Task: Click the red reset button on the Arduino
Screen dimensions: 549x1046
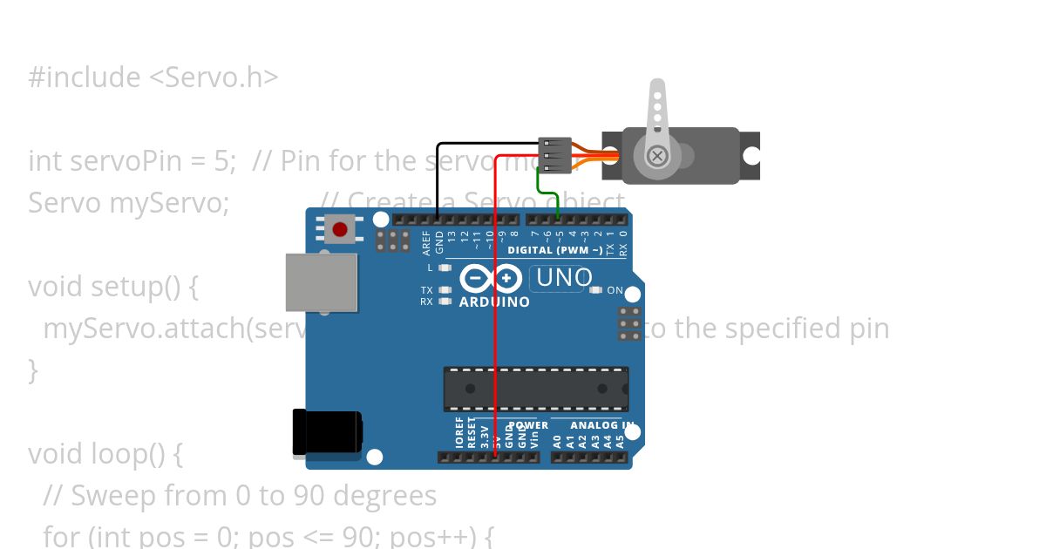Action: pos(340,230)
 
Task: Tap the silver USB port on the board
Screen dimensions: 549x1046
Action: pos(322,281)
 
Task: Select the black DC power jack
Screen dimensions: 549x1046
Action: pos(327,433)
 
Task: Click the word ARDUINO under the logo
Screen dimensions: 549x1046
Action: pos(493,302)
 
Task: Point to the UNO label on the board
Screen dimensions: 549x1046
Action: pos(564,278)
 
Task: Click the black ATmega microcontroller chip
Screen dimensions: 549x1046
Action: pos(535,389)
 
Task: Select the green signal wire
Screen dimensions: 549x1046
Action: pos(540,185)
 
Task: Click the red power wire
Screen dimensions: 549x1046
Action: pos(495,305)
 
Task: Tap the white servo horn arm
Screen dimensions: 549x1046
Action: pos(657,109)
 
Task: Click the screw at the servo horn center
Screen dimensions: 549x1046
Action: pos(658,156)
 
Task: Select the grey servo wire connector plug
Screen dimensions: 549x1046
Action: pos(554,154)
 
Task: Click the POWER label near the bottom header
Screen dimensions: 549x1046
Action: pos(528,425)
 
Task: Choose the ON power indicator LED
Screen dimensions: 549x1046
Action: pos(596,290)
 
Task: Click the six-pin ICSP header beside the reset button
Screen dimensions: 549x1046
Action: pos(393,241)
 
